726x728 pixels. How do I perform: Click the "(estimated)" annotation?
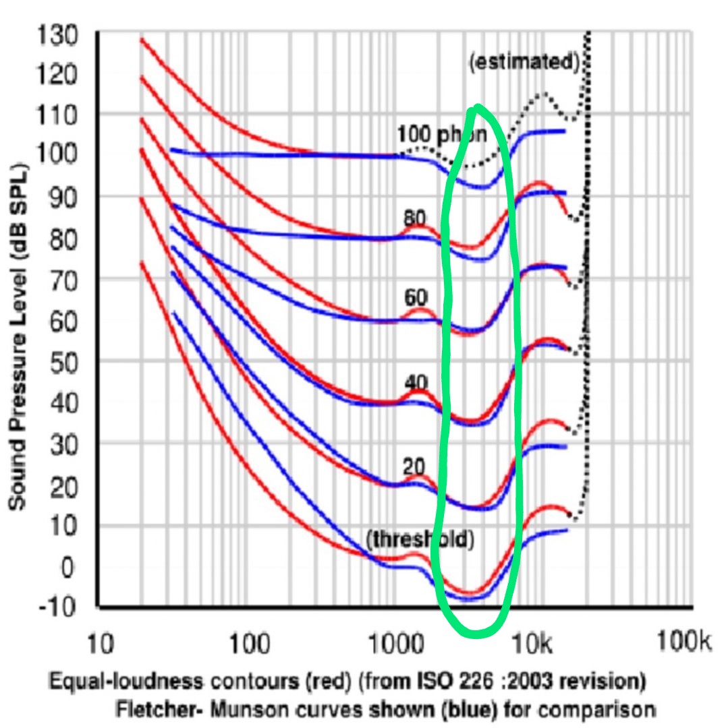[524, 62]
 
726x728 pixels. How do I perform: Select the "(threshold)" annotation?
[420, 539]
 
